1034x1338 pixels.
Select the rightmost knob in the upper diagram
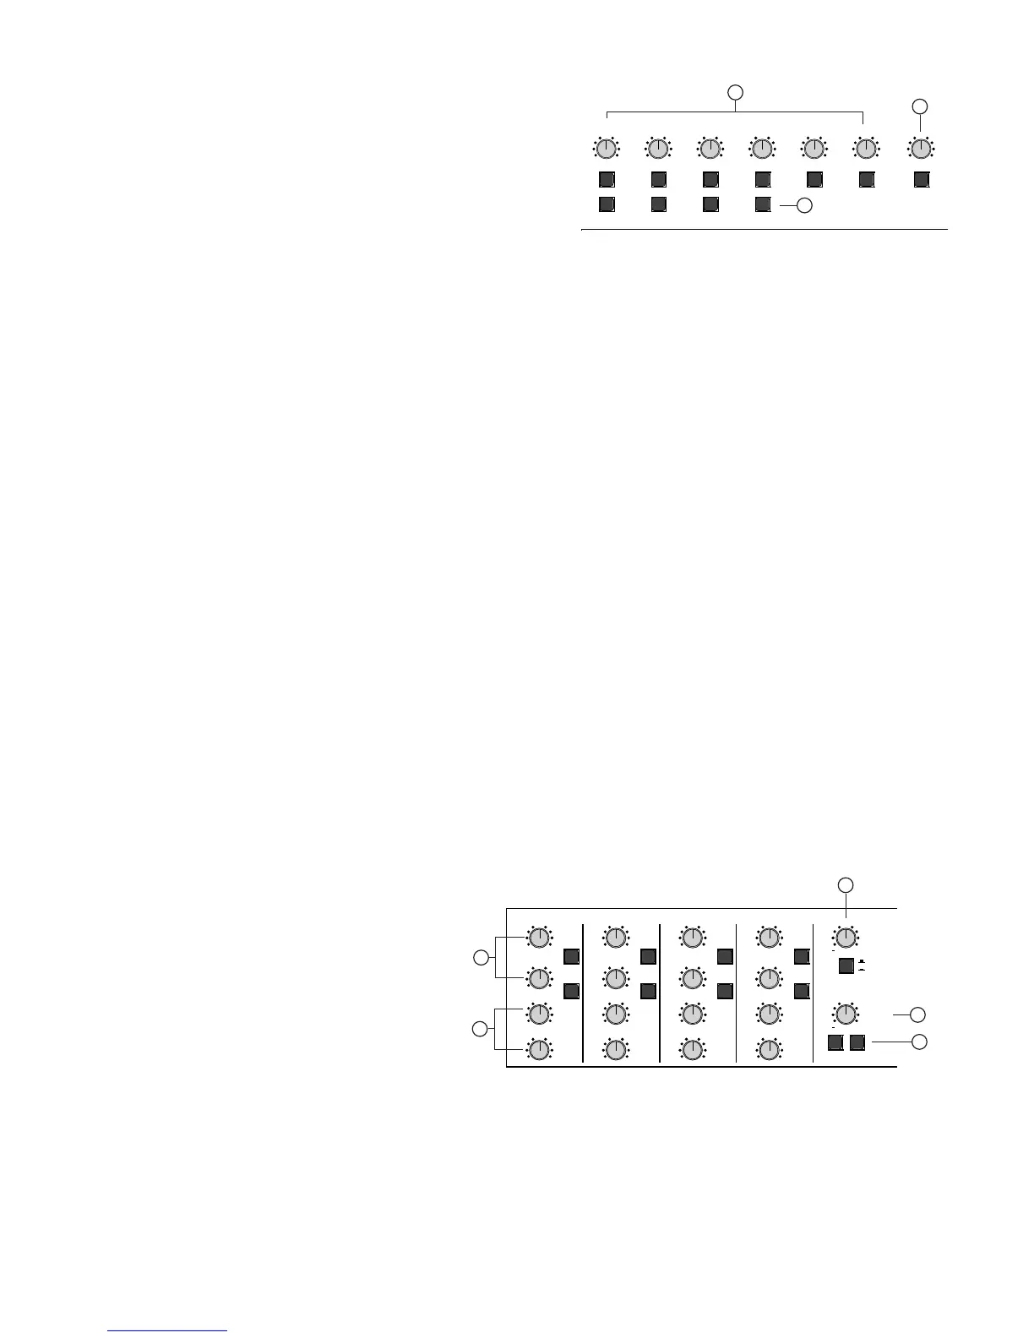(x=921, y=150)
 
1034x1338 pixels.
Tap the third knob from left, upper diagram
(x=710, y=150)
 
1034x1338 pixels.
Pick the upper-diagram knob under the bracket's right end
(x=865, y=150)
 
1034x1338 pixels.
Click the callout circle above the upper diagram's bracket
(x=736, y=90)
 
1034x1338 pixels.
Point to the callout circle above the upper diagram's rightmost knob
(x=921, y=106)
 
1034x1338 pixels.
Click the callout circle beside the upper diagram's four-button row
(x=805, y=204)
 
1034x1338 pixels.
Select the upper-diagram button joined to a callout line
(x=763, y=204)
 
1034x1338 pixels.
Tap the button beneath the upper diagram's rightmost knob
(x=922, y=179)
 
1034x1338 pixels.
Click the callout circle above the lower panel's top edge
(x=846, y=884)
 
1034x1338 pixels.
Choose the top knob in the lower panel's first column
(x=538, y=937)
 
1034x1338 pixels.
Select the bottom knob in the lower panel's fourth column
(x=769, y=1049)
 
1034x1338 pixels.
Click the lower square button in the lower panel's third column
(x=725, y=990)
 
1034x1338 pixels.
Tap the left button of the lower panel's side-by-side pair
(x=835, y=1042)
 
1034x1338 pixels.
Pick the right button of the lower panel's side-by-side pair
(x=857, y=1042)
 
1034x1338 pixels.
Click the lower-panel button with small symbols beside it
(x=846, y=966)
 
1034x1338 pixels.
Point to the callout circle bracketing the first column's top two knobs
(x=481, y=957)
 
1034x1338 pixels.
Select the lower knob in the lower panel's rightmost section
(x=846, y=1014)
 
